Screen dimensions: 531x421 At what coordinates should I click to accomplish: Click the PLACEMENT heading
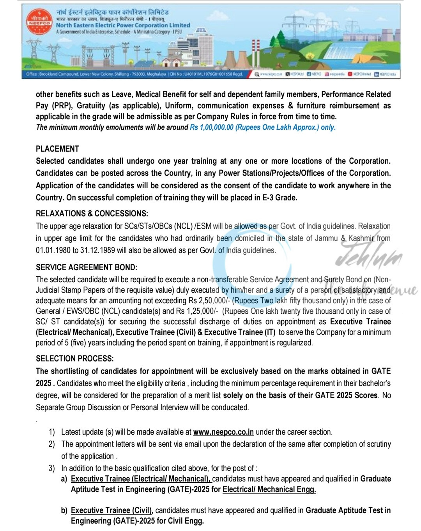pyautogui.click(x=57, y=149)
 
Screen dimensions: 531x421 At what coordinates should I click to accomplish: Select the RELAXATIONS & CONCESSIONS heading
pyautogui.click(x=92, y=213)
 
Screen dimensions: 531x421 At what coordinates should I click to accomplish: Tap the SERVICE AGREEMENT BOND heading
pyautogui.click(x=87, y=267)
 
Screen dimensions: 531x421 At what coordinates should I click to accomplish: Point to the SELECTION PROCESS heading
pyautogui.click(x=75, y=358)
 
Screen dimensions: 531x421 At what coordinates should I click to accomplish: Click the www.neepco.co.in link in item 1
pyautogui.click(x=223, y=432)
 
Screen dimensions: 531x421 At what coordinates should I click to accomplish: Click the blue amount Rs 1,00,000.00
pyautogui.click(x=211, y=127)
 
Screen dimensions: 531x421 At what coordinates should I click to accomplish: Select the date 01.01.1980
pyautogui.click(x=53, y=250)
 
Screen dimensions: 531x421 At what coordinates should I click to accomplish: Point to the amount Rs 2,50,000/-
pyautogui.click(x=209, y=301)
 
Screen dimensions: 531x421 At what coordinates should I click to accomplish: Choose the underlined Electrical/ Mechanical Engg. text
pyautogui.click(x=269, y=489)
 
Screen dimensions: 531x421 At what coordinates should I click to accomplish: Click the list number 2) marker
pyautogui.click(x=52, y=444)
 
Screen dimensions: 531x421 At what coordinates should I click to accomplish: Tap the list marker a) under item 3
pyautogui.click(x=64, y=479)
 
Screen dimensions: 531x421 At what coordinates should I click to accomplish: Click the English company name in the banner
pyautogui.click(x=123, y=25)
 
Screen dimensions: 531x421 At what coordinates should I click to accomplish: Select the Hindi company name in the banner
pyautogui.click(x=112, y=12)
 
